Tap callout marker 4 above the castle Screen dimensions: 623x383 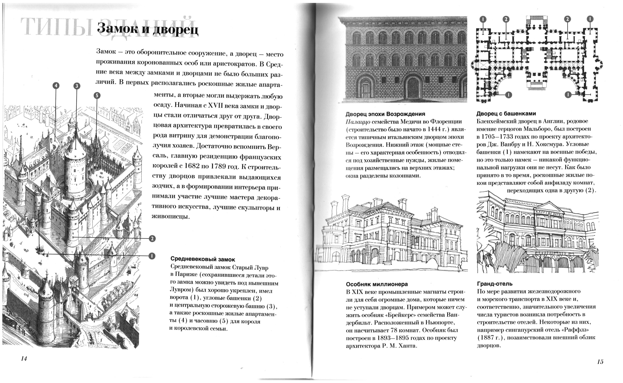pos(56,86)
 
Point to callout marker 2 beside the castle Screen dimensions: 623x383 pos(152,239)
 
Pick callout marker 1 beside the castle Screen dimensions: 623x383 pos(152,256)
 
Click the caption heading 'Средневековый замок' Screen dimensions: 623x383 pos(203,259)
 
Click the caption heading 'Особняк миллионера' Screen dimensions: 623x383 pos(377,284)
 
